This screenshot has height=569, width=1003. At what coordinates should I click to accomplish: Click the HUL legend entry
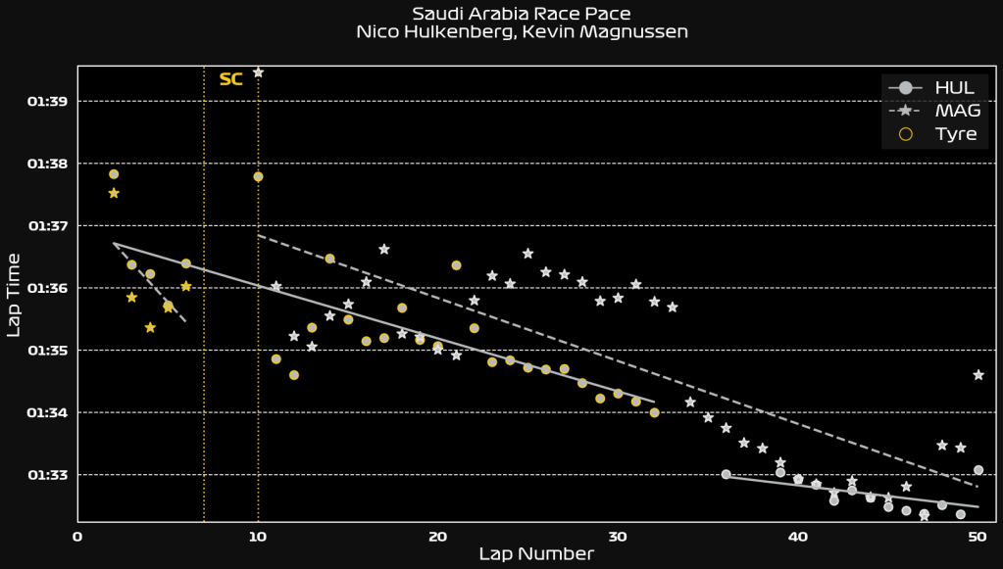coord(954,88)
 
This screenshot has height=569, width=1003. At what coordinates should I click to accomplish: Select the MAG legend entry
coord(954,111)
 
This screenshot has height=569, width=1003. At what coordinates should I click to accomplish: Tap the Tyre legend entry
coord(956,133)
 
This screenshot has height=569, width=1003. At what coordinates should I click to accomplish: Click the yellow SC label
coord(230,79)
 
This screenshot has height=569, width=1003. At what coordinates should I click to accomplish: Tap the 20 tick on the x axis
coord(437,536)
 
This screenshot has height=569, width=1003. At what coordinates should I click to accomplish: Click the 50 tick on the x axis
coord(978,536)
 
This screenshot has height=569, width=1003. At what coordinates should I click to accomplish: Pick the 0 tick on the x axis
coord(77,536)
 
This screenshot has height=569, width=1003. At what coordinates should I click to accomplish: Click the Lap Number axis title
coord(535,554)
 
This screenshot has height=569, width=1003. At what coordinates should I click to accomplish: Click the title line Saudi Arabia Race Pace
coord(522,13)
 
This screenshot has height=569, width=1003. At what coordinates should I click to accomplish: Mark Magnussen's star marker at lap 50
coord(978,375)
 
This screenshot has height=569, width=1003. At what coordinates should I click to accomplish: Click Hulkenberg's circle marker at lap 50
coord(978,470)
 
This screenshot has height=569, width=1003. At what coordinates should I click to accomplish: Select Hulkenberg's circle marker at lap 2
coord(114,174)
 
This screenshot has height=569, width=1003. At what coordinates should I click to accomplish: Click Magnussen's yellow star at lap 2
coord(114,193)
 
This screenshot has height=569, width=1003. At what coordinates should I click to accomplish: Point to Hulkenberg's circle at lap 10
coord(258,176)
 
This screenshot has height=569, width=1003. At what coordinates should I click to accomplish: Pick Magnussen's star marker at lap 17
coord(383,249)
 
